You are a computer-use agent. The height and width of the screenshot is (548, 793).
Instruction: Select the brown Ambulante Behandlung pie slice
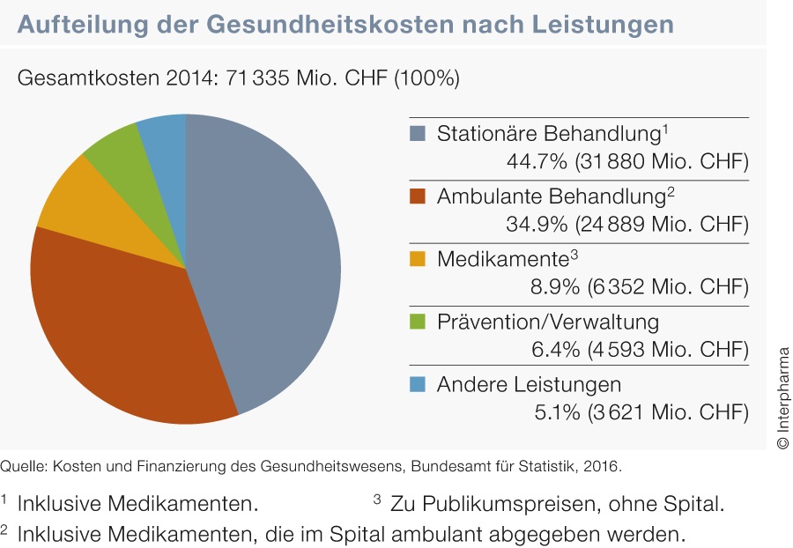(x=123, y=335)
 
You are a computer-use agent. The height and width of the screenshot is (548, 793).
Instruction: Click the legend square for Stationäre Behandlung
(x=419, y=135)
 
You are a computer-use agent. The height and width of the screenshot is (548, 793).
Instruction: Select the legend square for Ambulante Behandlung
(x=419, y=196)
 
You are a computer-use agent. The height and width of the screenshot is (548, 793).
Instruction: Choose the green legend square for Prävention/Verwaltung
(x=419, y=322)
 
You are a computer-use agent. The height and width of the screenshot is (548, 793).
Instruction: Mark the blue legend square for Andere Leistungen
(x=419, y=384)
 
